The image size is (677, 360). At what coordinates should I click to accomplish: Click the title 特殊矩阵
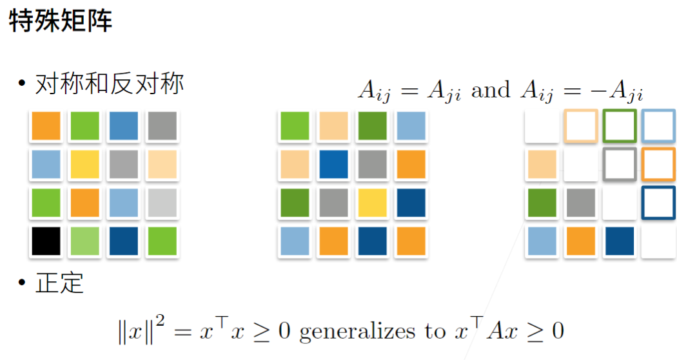(x=61, y=21)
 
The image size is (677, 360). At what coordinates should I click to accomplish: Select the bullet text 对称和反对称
(x=110, y=85)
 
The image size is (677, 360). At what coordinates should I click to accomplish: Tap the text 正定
(x=59, y=283)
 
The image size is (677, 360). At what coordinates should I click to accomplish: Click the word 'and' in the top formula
(x=490, y=90)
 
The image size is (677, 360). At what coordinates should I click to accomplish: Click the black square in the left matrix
(x=46, y=241)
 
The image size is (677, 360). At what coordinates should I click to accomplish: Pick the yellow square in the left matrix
(x=84, y=165)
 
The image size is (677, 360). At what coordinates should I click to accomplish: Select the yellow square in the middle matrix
(x=371, y=203)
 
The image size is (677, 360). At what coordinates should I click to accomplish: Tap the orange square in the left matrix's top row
(x=46, y=126)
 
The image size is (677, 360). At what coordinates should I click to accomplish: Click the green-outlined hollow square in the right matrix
(x=620, y=126)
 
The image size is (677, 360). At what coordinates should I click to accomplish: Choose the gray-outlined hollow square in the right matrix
(x=620, y=165)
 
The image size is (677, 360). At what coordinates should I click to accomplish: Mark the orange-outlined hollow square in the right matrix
(x=658, y=165)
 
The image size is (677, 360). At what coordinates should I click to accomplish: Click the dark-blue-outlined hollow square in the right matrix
(x=658, y=203)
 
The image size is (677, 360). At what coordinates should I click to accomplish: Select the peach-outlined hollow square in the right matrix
(x=581, y=126)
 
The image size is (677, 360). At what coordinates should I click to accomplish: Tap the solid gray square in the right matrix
(x=581, y=203)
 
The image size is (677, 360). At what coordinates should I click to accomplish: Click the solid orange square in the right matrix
(x=581, y=241)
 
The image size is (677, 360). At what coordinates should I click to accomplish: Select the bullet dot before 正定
(x=22, y=283)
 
